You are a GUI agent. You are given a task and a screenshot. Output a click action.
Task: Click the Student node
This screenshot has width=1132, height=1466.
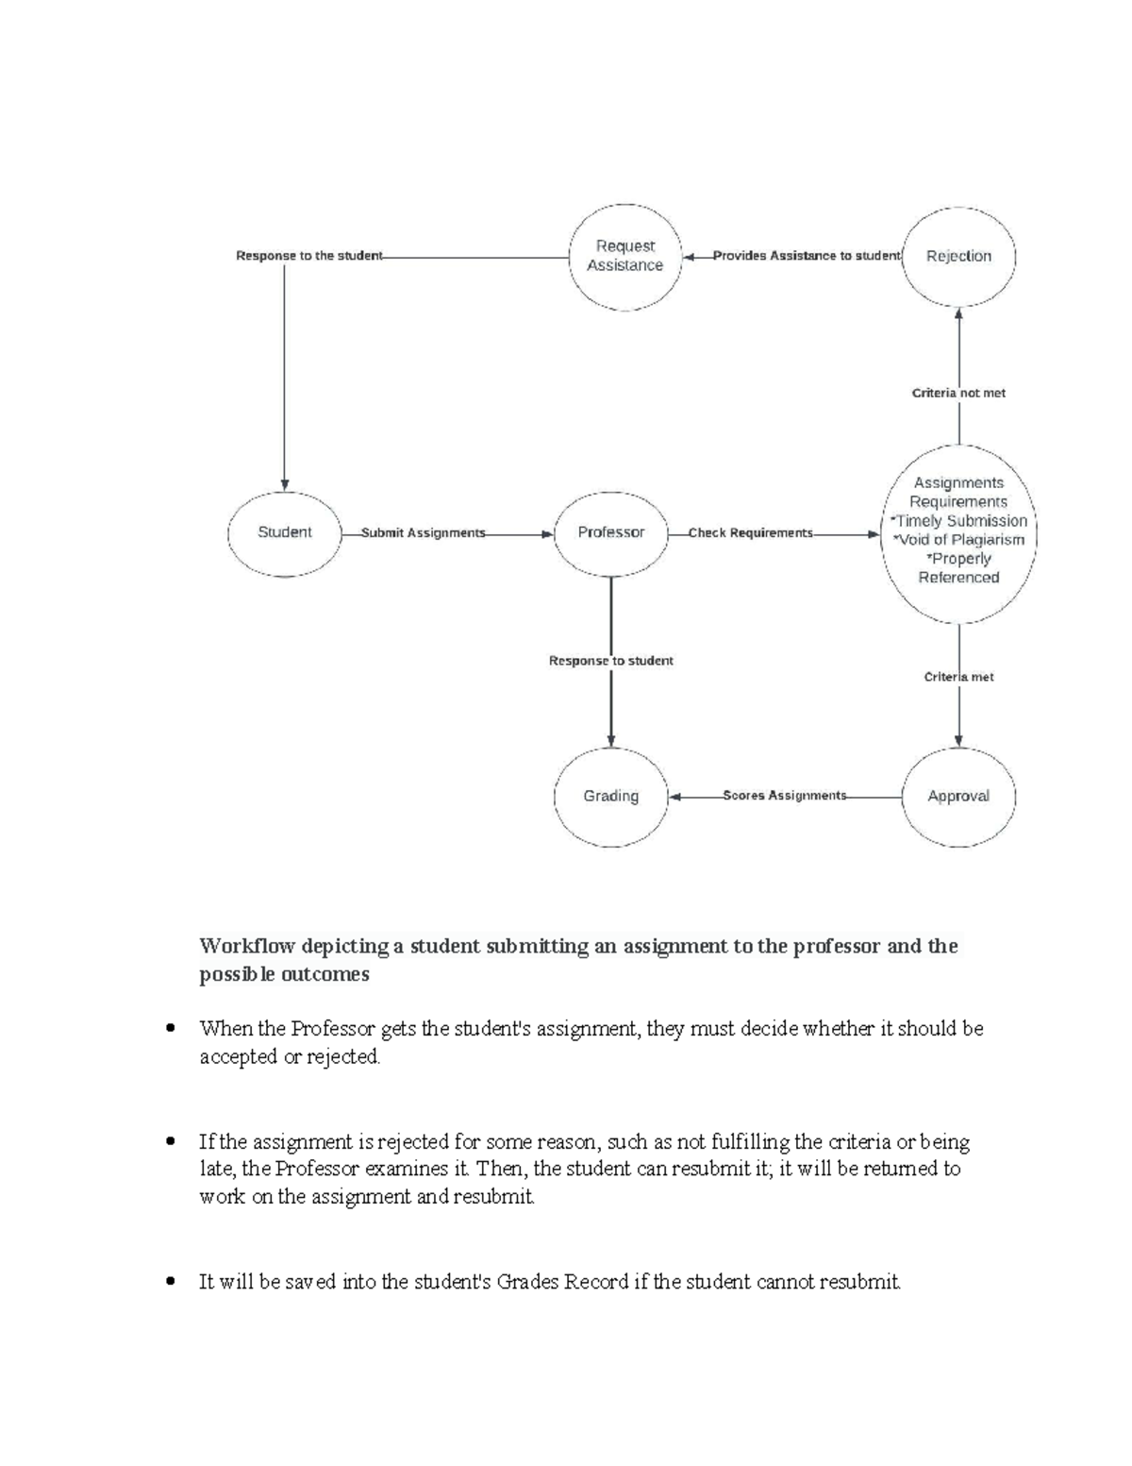[x=284, y=532]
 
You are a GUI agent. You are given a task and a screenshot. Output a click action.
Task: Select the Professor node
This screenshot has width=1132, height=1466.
[x=611, y=532]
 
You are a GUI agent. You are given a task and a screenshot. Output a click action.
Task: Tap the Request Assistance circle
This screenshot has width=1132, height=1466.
[x=624, y=256]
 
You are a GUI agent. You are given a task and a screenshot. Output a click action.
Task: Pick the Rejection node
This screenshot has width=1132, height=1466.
[x=958, y=256]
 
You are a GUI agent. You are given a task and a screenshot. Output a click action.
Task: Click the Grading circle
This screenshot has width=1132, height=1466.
[x=611, y=796]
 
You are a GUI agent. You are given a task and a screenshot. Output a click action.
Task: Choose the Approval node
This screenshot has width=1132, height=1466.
[x=958, y=796]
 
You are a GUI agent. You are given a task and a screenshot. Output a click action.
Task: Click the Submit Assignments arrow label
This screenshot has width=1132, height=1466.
[x=424, y=533]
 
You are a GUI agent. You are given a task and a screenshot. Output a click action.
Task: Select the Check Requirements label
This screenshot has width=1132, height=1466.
[x=750, y=533]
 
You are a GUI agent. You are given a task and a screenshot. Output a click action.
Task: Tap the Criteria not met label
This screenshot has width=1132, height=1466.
[x=958, y=393]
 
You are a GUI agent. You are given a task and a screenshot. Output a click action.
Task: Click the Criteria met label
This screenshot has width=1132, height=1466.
[x=958, y=677]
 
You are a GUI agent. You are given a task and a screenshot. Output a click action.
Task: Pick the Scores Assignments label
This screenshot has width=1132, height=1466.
[x=785, y=796]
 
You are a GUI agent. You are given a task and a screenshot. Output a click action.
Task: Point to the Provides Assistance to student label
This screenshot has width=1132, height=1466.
[x=807, y=256]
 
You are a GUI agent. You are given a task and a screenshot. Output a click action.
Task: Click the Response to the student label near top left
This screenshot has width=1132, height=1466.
[x=309, y=256]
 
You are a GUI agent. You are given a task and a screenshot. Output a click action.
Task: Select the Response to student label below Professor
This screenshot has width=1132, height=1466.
[x=611, y=661]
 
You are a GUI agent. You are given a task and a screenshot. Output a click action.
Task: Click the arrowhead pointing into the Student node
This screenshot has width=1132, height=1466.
[x=284, y=484]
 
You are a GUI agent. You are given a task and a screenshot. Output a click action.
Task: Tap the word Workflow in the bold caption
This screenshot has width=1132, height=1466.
[x=246, y=947]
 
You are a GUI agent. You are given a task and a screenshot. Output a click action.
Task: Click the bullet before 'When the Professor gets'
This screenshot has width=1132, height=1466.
[x=171, y=1029]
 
